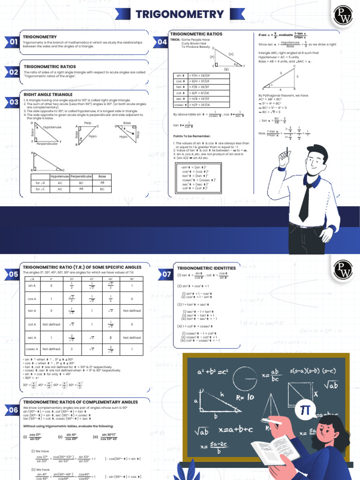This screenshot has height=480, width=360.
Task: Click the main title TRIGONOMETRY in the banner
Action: pyautogui.click(x=180, y=14)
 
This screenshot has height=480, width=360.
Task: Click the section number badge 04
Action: pyautogui.click(x=162, y=43)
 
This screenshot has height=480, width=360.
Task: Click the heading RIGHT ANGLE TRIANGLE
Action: pyautogui.click(x=48, y=94)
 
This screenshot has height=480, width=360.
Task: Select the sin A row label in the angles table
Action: pyautogui.click(x=32, y=285)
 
